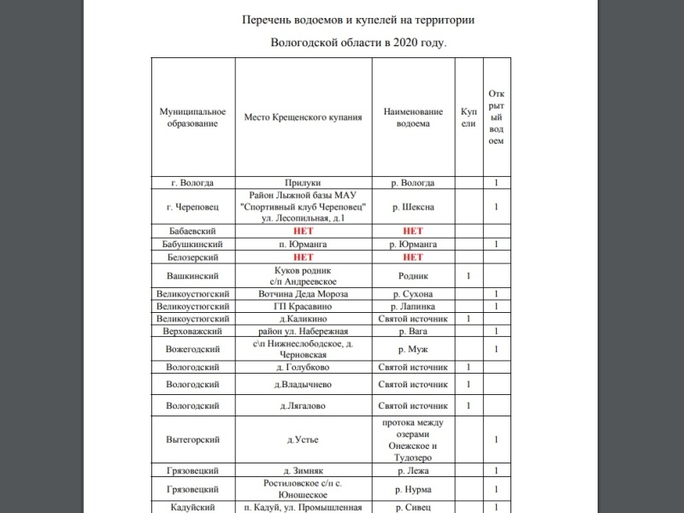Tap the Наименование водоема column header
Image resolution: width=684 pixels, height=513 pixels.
413,117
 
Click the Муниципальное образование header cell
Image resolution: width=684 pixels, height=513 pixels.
192,117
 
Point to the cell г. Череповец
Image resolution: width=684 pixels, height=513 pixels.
192,207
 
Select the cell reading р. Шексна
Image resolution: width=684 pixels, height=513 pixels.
413,207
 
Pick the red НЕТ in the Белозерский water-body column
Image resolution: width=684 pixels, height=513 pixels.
413,256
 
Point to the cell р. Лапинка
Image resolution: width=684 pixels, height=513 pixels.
413,306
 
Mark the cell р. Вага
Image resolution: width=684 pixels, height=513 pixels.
413,331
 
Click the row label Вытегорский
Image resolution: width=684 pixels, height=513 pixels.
192,439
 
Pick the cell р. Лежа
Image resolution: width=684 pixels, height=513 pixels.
413,470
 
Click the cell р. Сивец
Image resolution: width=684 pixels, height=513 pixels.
413,507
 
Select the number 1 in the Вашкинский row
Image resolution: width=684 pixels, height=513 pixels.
469,276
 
